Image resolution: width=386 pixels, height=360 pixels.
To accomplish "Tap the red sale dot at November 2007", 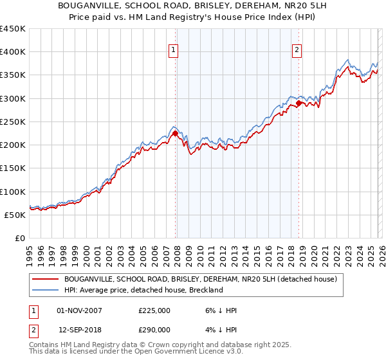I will click(x=175, y=134).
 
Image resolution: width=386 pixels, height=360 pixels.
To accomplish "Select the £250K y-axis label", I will click(x=13, y=122).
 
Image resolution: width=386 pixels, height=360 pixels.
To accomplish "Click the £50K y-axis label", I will click(x=15, y=215).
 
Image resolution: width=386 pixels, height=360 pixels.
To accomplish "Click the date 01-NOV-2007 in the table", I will click(x=80, y=310).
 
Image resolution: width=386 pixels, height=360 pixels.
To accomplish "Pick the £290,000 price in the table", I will click(x=154, y=329).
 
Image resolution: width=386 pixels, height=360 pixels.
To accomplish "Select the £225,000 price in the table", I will click(x=154, y=310).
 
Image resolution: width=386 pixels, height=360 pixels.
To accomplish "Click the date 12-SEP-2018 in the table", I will click(x=80, y=329).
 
